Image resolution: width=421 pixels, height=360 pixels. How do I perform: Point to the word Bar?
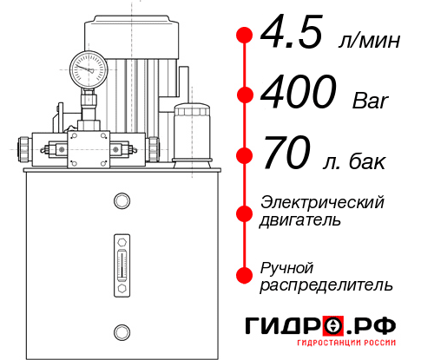372,100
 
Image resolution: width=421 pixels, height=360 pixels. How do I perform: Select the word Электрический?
322,202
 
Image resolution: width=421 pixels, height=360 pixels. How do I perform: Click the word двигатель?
300,220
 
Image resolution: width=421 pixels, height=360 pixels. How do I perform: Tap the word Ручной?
286,265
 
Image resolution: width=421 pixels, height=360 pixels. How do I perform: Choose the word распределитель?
326,285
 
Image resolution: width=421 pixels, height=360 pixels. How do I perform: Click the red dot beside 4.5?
245,35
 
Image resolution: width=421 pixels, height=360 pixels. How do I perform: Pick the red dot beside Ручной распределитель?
245,275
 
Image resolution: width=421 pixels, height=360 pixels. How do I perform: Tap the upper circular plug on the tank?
121,202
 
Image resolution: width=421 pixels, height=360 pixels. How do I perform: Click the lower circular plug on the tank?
121,331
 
